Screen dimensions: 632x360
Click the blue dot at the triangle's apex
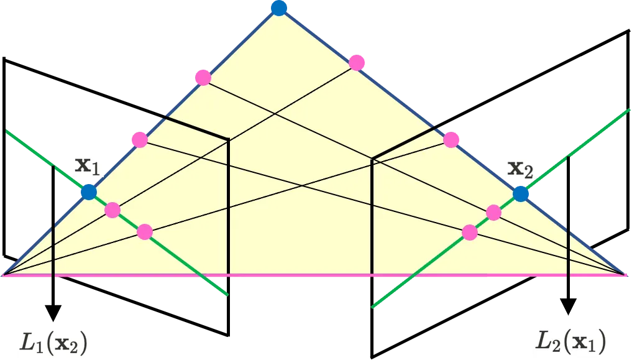coord(279,7)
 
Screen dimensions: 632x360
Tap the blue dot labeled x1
coord(88,192)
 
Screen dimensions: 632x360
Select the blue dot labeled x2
coord(521,194)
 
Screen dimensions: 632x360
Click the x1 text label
coord(88,166)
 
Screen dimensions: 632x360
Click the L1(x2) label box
coord(52,341)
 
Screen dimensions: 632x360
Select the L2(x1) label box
coord(571,341)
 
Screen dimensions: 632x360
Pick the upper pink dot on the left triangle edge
coord(203,78)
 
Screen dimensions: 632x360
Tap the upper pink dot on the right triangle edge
coord(357,62)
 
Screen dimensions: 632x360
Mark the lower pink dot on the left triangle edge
coord(139,139)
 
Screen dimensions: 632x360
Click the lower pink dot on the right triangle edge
coord(452,139)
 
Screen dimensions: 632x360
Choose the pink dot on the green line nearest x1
coord(112,210)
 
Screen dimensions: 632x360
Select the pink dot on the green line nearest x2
coord(493,213)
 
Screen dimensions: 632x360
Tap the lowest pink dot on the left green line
coord(144,232)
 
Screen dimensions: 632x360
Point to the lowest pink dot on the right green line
coord(470,233)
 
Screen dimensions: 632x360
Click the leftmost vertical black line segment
coord(54,249)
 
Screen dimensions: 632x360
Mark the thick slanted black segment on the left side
coord(196,129)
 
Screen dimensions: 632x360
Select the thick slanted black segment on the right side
coord(403,144)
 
